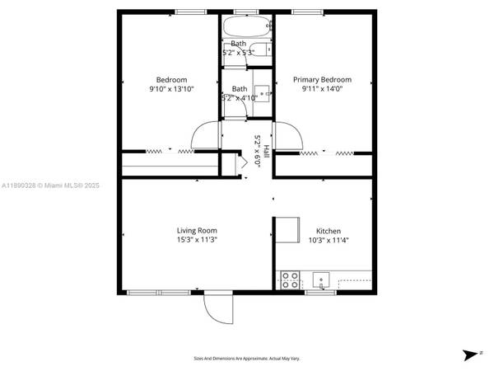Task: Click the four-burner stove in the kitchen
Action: (x=290, y=279)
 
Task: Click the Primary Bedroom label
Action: (x=323, y=80)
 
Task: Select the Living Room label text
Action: (x=197, y=230)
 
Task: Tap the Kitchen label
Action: (x=329, y=231)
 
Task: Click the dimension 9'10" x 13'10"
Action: (x=171, y=89)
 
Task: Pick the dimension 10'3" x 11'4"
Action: (x=329, y=240)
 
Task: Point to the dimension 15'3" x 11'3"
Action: (x=197, y=239)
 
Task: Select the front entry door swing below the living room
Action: (x=219, y=308)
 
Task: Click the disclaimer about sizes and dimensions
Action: (x=246, y=359)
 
